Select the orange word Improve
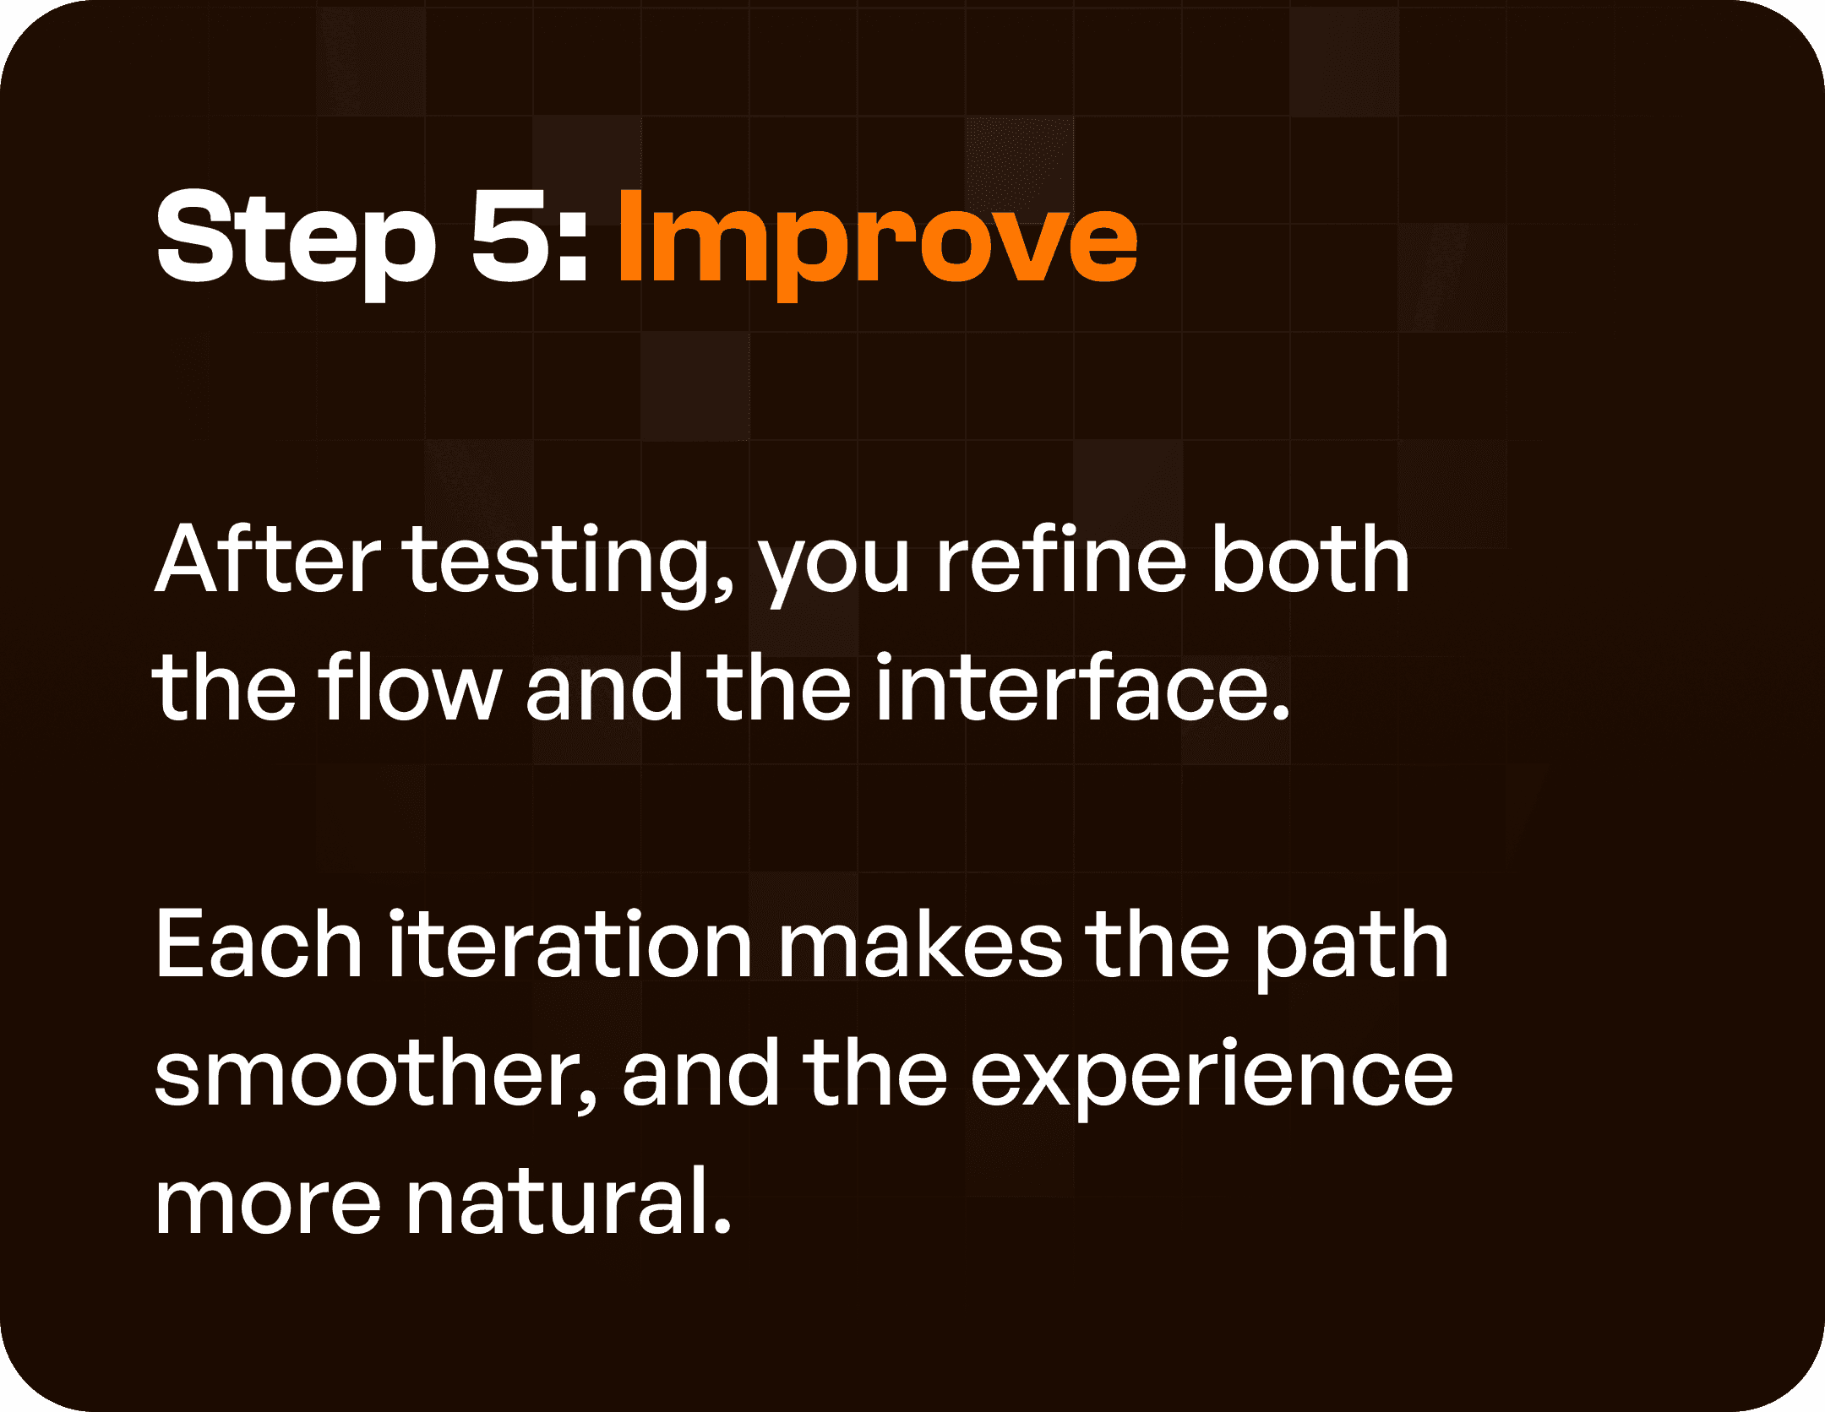click(877, 240)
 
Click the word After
click(267, 560)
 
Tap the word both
click(1310, 560)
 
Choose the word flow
click(411, 687)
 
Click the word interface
click(1070, 687)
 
